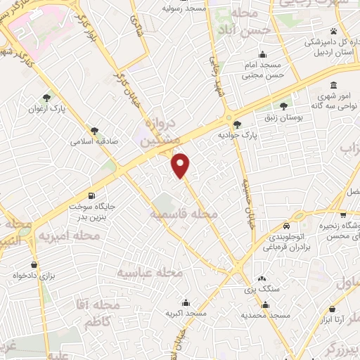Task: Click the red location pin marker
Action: point(181,165)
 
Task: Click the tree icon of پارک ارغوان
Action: point(46,98)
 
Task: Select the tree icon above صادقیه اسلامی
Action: point(94,129)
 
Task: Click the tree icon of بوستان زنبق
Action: point(283,107)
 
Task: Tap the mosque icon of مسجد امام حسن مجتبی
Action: point(263,55)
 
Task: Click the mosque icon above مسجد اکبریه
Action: point(186,300)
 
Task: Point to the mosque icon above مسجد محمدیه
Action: point(266,305)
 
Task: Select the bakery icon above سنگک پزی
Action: point(262,278)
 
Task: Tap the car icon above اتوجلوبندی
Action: point(287,226)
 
